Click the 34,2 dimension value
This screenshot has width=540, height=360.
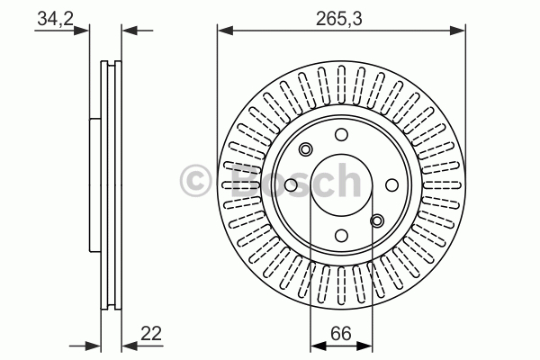click(56, 18)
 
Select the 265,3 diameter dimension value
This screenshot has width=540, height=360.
click(339, 18)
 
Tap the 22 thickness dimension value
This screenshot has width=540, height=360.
click(151, 333)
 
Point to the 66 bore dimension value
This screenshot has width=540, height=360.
click(341, 333)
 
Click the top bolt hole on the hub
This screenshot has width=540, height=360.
click(341, 134)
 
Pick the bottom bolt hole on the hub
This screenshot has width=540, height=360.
click(341, 236)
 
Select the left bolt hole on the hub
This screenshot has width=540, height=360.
click(291, 185)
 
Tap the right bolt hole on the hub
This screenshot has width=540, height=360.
click(391, 185)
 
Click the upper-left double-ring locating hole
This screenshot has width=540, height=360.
click(305, 149)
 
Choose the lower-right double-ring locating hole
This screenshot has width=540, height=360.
click(377, 220)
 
